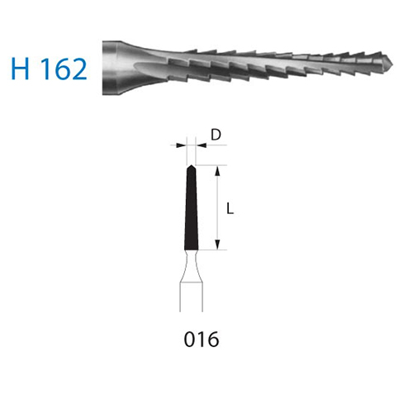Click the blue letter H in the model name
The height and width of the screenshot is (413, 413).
(x=20, y=69)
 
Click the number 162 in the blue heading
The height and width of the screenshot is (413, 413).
(x=64, y=69)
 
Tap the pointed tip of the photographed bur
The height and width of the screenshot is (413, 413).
(x=392, y=65)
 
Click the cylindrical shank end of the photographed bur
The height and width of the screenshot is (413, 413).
(x=111, y=68)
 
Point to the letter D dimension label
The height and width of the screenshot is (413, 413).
(x=216, y=135)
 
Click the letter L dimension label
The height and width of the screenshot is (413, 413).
(x=230, y=208)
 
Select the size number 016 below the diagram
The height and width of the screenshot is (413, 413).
(x=202, y=339)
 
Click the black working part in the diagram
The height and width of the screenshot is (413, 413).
(x=191, y=208)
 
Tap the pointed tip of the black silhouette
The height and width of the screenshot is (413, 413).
(x=191, y=165)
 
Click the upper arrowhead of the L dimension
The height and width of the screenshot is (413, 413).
(x=217, y=171)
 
